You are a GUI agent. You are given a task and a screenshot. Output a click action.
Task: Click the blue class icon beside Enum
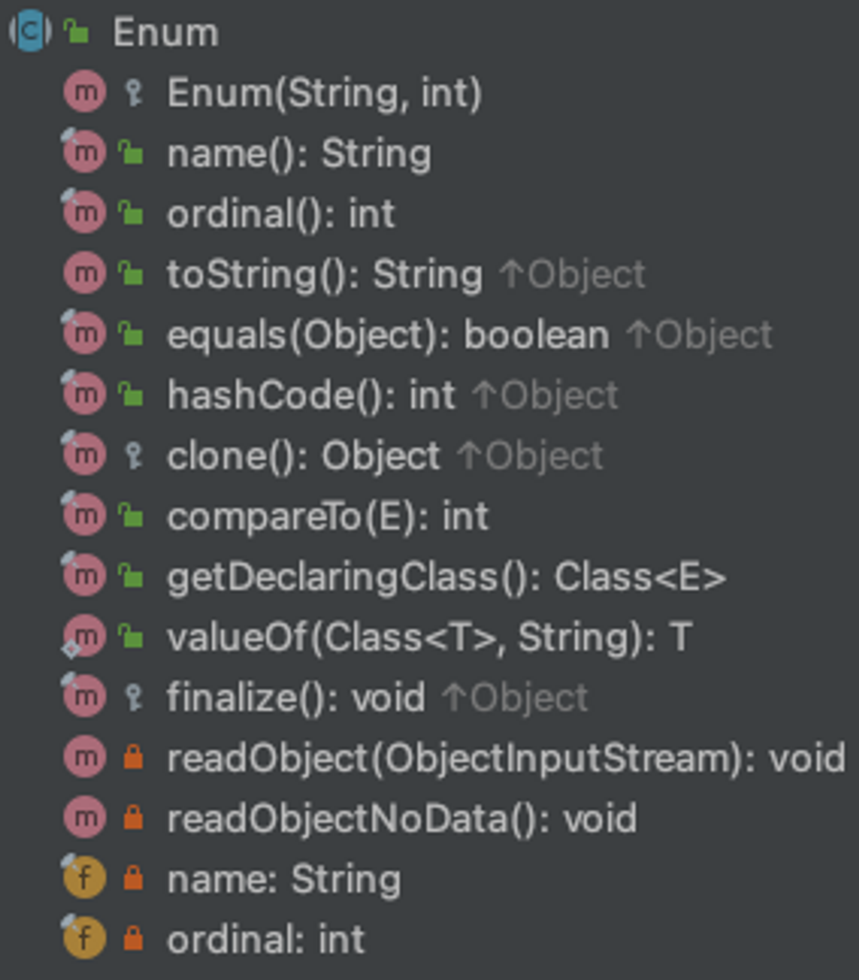(30, 31)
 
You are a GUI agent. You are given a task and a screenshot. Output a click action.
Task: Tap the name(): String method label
(299, 153)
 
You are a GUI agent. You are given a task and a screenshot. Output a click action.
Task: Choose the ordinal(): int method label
(281, 214)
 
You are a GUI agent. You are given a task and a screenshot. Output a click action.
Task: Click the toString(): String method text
(324, 275)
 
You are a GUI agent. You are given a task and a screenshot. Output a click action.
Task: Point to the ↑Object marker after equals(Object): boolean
(700, 335)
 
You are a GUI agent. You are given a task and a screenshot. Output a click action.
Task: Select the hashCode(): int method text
(311, 395)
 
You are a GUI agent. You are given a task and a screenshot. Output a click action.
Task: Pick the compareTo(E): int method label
(328, 516)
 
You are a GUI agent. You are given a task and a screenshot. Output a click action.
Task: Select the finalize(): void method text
(296, 698)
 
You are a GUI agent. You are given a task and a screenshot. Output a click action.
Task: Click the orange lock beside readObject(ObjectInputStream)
(133, 758)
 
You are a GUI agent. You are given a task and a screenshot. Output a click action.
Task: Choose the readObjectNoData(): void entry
(402, 818)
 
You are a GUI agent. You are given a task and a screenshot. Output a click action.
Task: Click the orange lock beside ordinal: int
(133, 939)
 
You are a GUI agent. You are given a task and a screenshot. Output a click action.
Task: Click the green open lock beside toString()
(131, 274)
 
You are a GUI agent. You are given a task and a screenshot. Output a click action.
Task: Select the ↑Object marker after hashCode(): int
(545, 395)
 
